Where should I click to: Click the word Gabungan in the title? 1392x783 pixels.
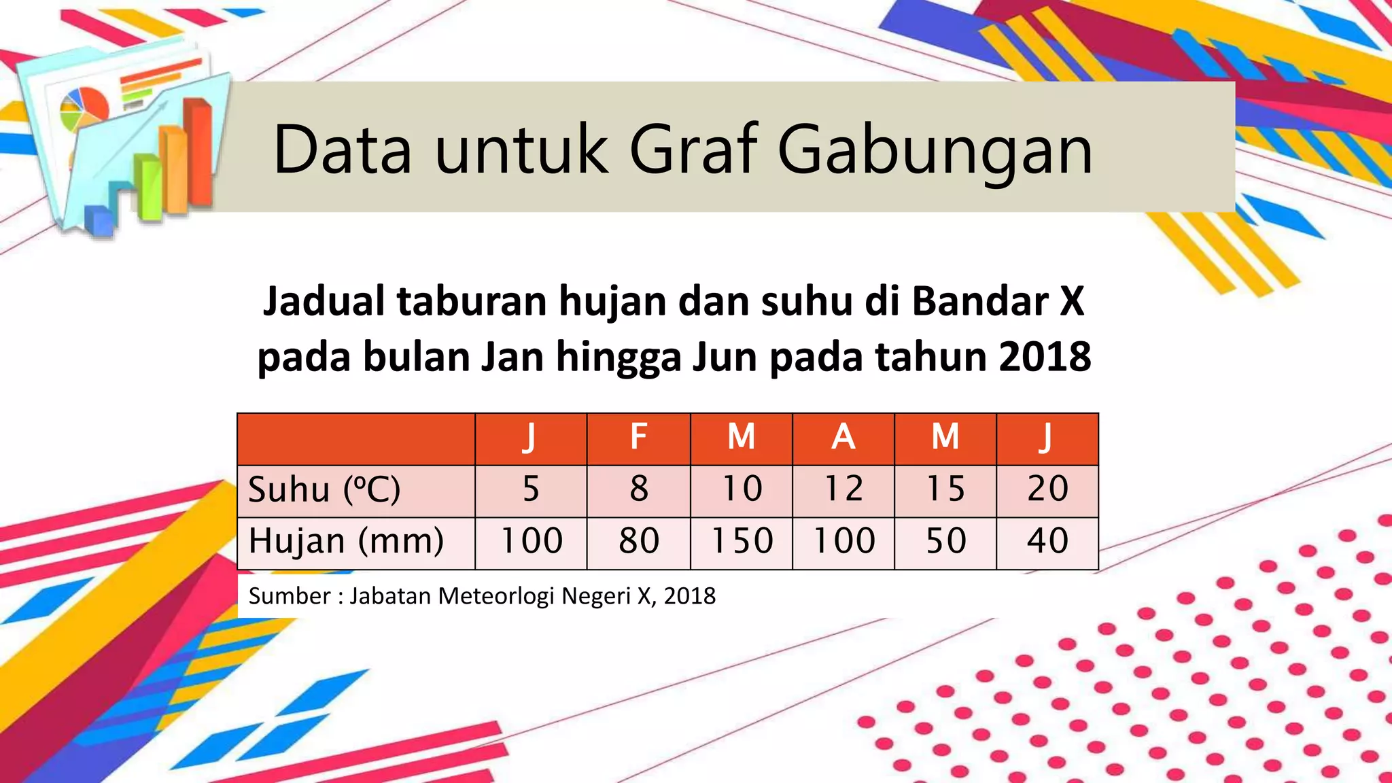click(935, 151)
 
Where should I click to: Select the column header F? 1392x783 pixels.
click(638, 437)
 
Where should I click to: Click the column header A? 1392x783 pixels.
click(843, 437)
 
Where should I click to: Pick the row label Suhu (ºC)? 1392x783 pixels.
click(324, 489)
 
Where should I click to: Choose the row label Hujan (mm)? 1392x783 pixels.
click(346, 542)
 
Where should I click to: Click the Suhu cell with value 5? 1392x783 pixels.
click(531, 489)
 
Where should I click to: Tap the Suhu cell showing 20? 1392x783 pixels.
click(1047, 489)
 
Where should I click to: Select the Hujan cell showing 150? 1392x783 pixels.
click(742, 542)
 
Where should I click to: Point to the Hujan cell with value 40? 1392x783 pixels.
click(1047, 542)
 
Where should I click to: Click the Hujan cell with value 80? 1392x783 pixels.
click(638, 542)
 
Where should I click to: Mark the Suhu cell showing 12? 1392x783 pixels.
click(843, 489)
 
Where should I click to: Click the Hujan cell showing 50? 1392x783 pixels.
click(945, 542)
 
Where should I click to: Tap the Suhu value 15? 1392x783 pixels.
click(945, 489)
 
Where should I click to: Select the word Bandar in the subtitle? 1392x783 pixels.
click(979, 301)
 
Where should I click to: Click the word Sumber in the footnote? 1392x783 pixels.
click(280, 596)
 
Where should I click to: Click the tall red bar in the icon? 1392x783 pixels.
click(199, 153)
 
